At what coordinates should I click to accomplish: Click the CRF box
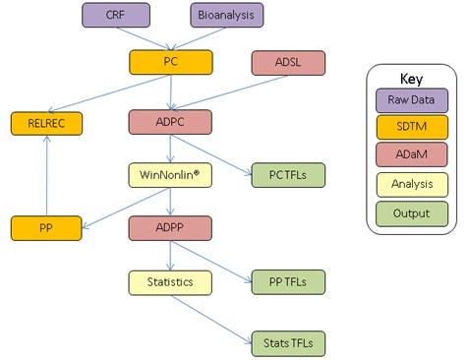115,15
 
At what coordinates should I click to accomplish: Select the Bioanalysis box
226,15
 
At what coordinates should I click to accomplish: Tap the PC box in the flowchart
171,62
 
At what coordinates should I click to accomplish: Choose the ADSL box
287,62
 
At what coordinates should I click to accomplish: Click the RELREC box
46,123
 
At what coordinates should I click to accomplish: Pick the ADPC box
171,123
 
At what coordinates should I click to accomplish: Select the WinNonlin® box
171,175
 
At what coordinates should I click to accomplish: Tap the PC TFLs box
287,175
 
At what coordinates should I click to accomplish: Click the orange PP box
46,228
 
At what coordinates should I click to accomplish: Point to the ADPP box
171,228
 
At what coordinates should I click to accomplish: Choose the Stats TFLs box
287,343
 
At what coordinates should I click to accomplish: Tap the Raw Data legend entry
411,100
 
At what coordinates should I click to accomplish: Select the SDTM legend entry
411,128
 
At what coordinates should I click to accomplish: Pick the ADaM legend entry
411,156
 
